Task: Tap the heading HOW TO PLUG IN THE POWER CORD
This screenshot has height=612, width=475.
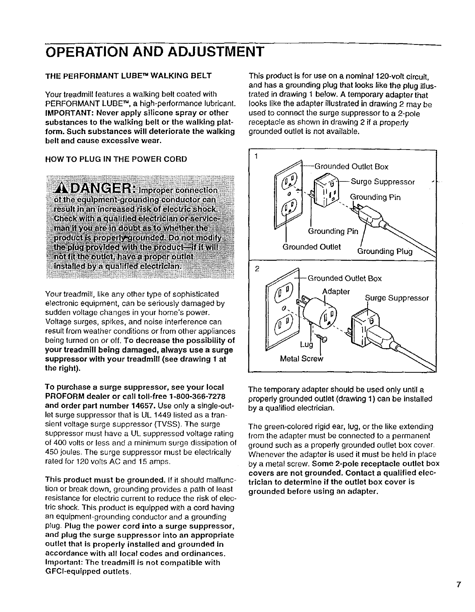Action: click(116, 159)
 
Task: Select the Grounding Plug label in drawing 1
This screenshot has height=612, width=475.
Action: click(384, 251)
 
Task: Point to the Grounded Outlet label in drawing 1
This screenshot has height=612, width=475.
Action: click(312, 247)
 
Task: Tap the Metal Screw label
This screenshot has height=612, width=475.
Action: click(302, 359)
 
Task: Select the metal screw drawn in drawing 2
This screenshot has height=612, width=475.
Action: click(323, 339)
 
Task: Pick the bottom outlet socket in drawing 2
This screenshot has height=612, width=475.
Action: click(283, 326)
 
